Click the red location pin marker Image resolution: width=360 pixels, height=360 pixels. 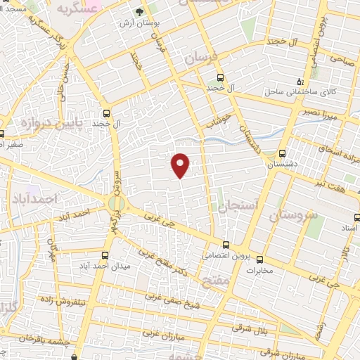[181, 164]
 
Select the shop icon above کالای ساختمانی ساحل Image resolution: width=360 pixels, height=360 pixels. [300, 80]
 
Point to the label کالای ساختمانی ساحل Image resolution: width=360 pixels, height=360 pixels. [292, 92]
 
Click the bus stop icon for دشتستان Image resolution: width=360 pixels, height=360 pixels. [282, 153]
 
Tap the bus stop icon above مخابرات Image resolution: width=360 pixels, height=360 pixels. [259, 258]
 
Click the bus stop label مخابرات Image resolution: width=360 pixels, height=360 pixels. [259, 269]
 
